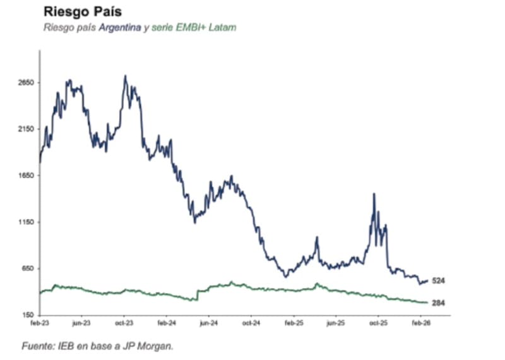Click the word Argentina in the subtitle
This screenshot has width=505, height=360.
120,28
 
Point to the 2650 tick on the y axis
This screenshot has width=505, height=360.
26,83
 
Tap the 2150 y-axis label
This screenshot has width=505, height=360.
26,129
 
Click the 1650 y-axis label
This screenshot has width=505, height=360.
26,176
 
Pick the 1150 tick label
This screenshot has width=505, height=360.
26,222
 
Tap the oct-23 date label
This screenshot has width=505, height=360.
124,323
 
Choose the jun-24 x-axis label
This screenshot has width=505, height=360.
208,323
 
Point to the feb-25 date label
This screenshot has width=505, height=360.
294,323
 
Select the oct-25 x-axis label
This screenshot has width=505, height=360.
377,323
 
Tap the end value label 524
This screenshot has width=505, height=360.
439,280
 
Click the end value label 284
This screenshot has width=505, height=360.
439,303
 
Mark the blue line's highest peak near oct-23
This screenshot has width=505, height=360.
126,76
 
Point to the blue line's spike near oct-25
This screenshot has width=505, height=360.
374,194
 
